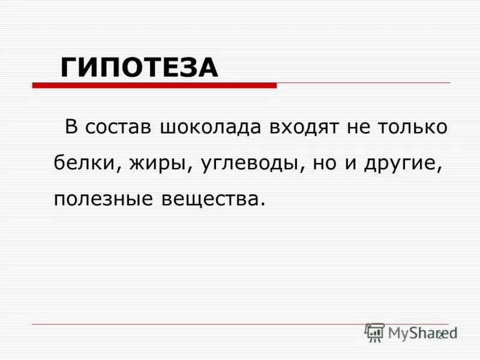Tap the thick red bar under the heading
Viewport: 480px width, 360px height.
pos(154,86)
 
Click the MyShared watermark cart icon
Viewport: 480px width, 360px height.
pos(374,332)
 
